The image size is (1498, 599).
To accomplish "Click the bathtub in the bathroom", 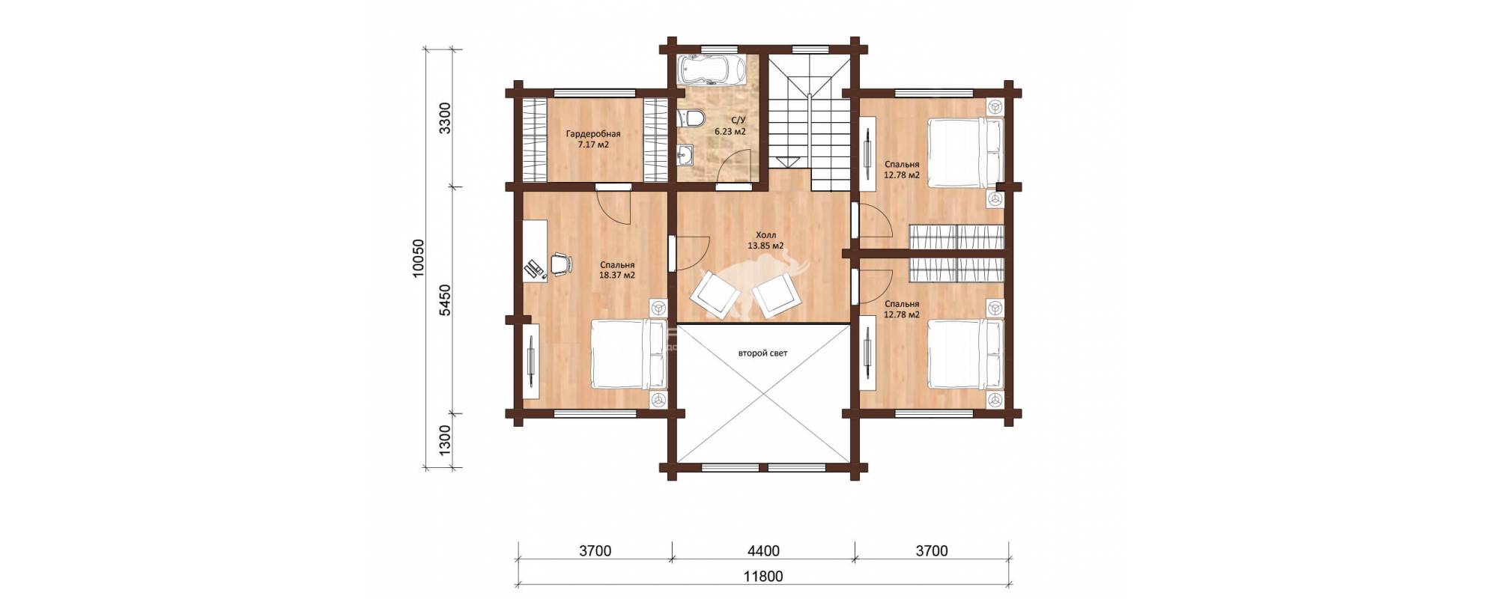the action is point(711,70).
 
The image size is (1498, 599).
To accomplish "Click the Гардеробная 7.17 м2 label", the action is point(593,139).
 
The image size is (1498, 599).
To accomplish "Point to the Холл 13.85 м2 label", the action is point(765,240).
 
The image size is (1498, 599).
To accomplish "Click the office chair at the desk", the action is point(560,264).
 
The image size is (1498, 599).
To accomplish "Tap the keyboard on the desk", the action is point(535,268).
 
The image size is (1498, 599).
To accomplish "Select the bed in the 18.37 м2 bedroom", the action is point(628,354).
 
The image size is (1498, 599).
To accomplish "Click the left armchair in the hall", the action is point(712,294).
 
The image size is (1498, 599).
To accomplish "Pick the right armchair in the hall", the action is point(777,296).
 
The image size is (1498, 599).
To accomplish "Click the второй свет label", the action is point(762,353).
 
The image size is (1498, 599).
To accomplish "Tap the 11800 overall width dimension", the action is point(763,577).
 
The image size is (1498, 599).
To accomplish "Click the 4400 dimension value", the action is point(763,551).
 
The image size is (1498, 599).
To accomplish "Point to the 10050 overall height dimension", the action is point(419,258).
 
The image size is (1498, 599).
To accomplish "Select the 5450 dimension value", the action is point(445,299).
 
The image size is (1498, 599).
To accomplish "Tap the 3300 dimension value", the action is point(445,118).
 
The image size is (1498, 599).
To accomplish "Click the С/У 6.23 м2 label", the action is point(730,126).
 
